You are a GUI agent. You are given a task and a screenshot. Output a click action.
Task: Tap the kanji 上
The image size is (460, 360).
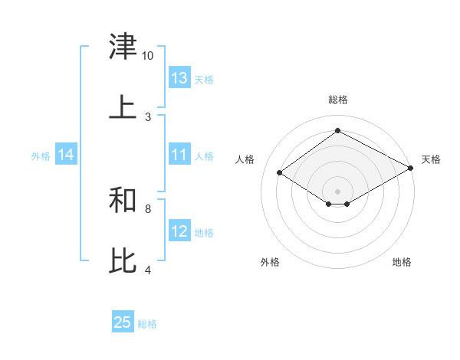pyautogui.click(x=123, y=108)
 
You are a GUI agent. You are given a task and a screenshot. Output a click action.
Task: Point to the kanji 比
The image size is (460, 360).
pyautogui.click(x=123, y=260)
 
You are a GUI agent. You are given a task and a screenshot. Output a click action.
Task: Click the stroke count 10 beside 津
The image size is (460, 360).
pyautogui.click(x=148, y=56)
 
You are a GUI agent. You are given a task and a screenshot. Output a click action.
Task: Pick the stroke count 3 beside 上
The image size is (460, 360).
pyautogui.click(x=148, y=116)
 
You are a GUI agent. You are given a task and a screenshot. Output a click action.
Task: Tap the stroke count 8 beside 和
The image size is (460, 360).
pyautogui.click(x=148, y=208)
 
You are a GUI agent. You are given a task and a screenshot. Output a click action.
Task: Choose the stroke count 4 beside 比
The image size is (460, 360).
pyautogui.click(x=148, y=269)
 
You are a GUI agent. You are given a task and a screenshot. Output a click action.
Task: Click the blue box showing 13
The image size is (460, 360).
pyautogui.click(x=179, y=78)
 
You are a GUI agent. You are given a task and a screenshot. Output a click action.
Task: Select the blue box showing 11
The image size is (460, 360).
pyautogui.click(x=179, y=155)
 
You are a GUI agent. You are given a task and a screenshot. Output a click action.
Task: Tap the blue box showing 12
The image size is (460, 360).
pyautogui.click(x=179, y=231)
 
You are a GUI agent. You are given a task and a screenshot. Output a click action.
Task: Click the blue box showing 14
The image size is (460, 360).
pyautogui.click(x=66, y=155)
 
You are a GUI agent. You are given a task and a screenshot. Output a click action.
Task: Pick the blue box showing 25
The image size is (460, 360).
pyautogui.click(x=123, y=322)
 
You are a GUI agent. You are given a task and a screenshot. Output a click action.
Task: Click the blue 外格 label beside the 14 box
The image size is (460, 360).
pyautogui.click(x=41, y=155)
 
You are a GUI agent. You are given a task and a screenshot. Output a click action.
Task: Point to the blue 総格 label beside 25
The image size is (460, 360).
pyautogui.click(x=147, y=323)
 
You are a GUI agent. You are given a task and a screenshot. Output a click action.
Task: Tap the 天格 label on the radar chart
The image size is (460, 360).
pyautogui.click(x=431, y=159)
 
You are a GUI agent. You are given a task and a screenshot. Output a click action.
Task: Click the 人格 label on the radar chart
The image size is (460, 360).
pyautogui.click(x=245, y=159)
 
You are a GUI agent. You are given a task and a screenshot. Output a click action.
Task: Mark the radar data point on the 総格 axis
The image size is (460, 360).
pyautogui.click(x=337, y=130)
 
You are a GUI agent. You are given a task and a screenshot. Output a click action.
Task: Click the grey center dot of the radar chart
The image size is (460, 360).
pyautogui.click(x=337, y=191)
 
